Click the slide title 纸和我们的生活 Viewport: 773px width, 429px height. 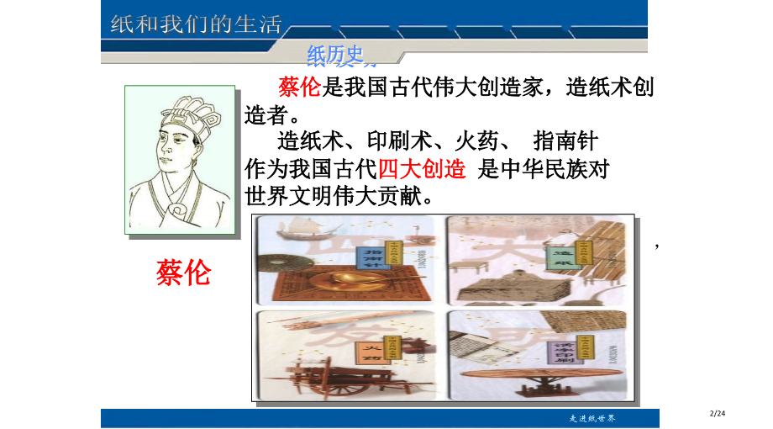tap(196, 24)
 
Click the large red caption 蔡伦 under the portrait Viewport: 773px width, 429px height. tap(183, 272)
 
